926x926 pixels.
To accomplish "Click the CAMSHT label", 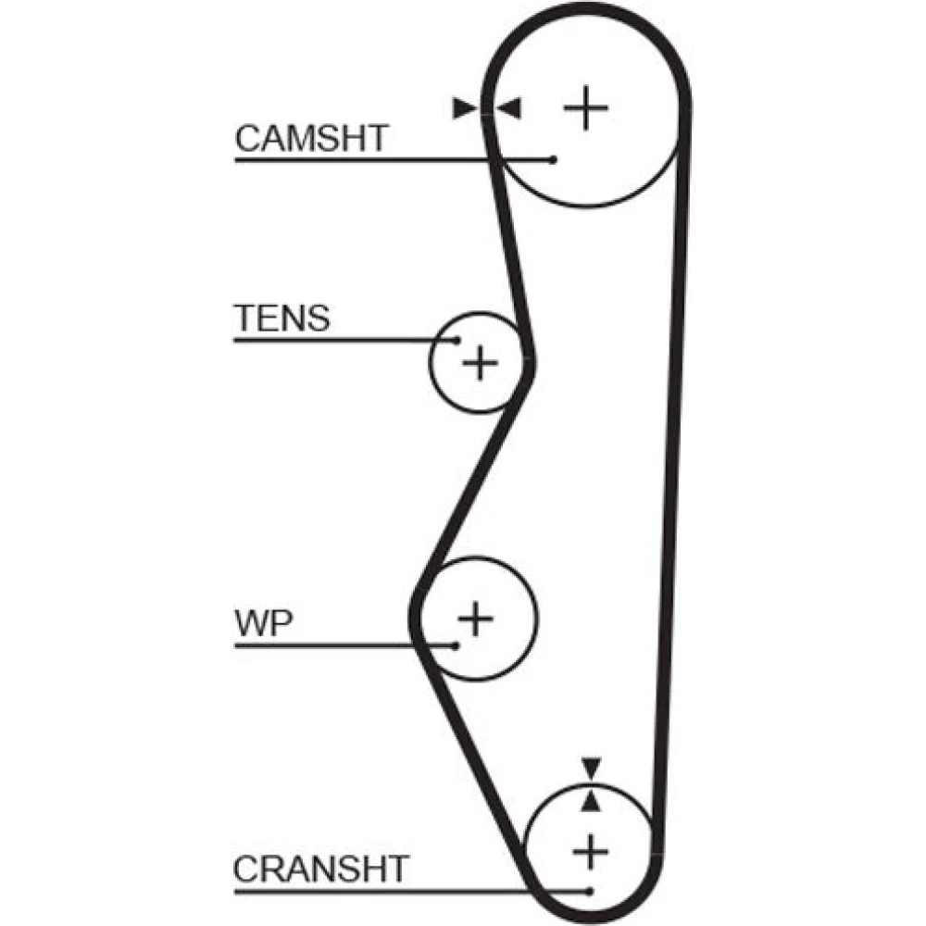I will point(310,138).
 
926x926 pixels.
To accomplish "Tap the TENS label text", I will point(281,318).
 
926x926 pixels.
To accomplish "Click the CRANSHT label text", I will point(320,870).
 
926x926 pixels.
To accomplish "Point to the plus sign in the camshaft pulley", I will point(585,108).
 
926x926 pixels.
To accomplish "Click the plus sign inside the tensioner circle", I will point(480,361).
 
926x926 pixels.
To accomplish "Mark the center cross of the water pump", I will point(476,617).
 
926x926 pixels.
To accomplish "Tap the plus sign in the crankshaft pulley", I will point(589,849).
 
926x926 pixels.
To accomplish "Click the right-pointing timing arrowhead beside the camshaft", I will point(463,108).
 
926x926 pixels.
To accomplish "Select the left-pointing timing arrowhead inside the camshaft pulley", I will point(508,108).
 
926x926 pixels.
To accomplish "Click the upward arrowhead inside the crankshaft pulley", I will point(591,801).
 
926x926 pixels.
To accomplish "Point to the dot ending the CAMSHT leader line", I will point(554,160).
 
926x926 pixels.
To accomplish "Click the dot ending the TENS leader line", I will point(456,340).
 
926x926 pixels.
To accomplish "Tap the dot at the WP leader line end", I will point(456,645).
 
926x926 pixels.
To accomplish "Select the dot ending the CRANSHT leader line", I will point(589,892).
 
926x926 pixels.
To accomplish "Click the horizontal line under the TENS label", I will point(343,340).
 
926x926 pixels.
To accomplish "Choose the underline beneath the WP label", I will point(343,645).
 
